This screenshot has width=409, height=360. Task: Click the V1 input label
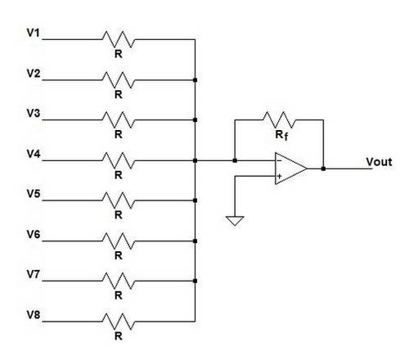coord(34,33)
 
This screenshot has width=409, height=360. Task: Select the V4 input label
coord(34,154)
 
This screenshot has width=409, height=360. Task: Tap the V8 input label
coord(34,315)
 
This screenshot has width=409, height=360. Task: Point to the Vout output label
coord(379,162)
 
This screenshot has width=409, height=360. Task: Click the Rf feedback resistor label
coord(281,135)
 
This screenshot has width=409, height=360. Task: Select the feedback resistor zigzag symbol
coord(279,119)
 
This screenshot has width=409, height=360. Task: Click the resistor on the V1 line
coord(119,39)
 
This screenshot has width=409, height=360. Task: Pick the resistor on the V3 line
coord(119,119)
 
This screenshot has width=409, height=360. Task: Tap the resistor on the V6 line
coord(119,241)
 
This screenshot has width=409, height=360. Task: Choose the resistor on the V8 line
coord(119,322)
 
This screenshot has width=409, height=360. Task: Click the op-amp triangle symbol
coord(290,169)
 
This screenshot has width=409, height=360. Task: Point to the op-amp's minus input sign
coord(279,160)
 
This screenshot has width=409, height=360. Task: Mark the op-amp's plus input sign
coord(279,176)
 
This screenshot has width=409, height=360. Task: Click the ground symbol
coord(235,220)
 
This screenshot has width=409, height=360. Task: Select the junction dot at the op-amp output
coord(323,169)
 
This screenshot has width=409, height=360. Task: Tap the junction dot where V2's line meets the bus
coord(195,80)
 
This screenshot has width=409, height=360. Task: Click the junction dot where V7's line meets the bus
coord(195,281)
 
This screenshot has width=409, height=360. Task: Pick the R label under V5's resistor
coord(119,215)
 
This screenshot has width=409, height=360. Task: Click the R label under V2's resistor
coord(119,94)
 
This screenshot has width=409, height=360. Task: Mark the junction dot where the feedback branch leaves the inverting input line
coord(235,160)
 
